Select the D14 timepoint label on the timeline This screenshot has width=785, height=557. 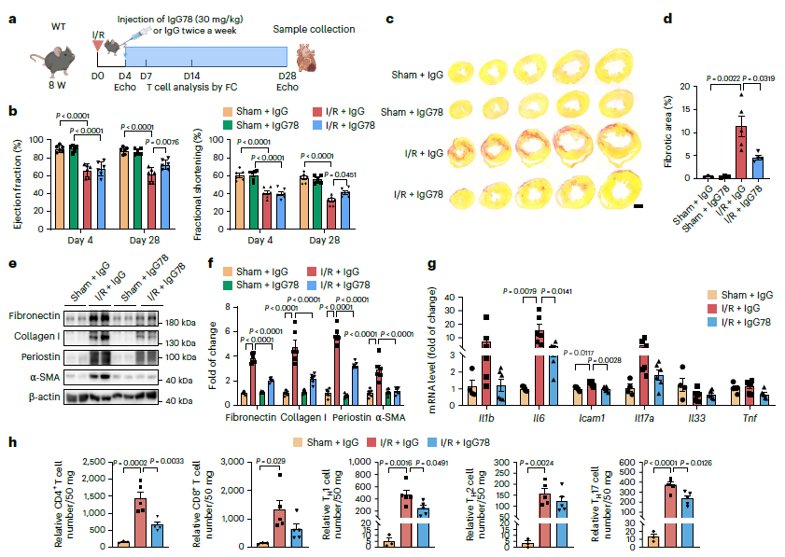tap(192, 75)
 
